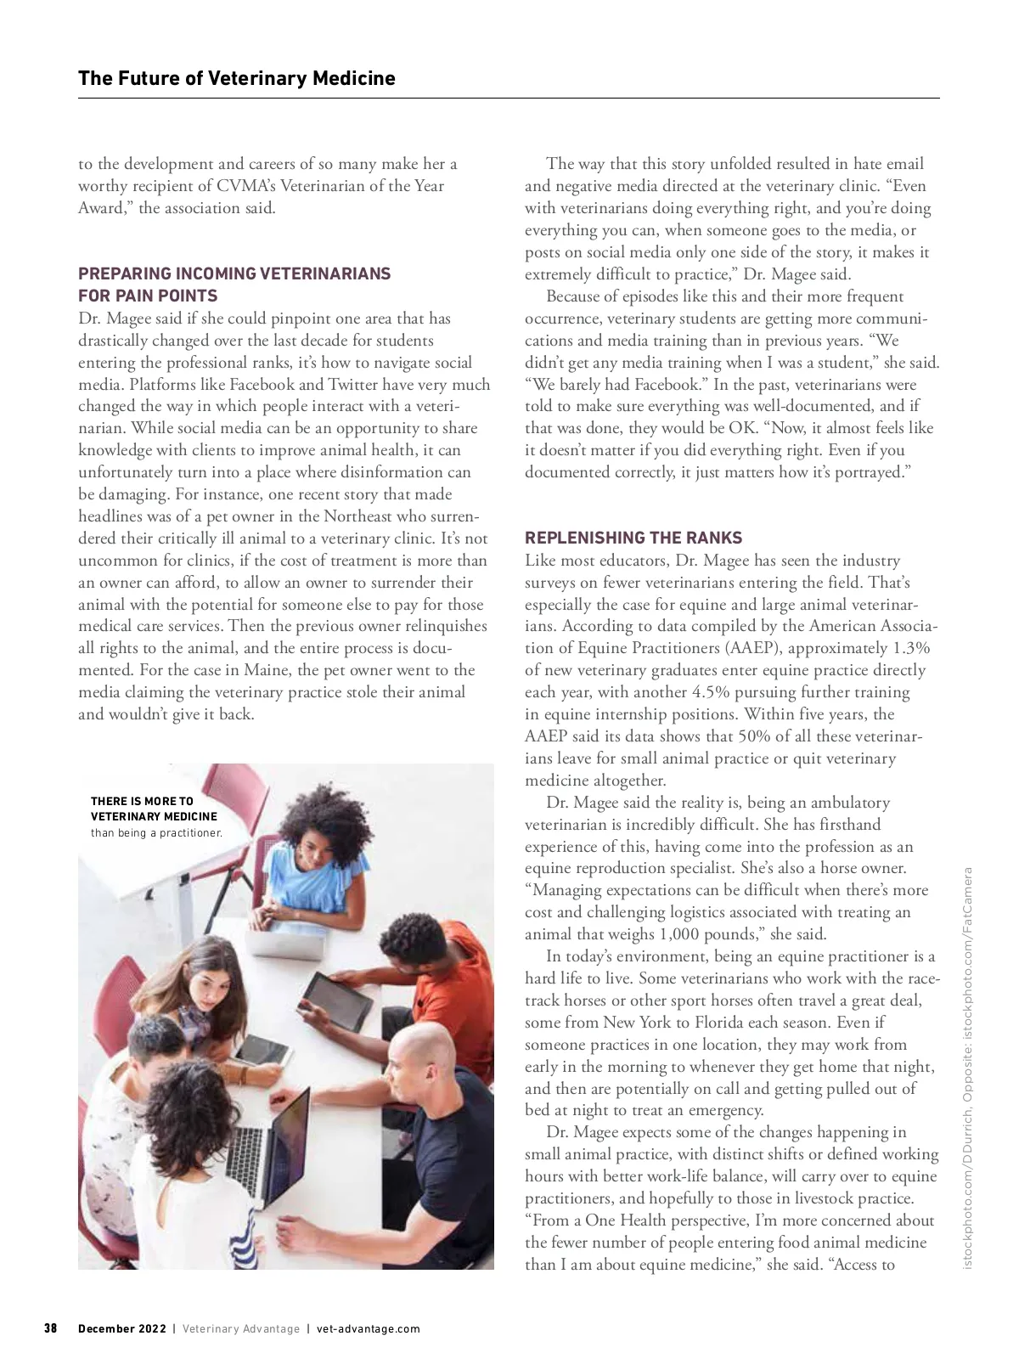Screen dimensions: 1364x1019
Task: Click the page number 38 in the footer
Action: (x=50, y=1328)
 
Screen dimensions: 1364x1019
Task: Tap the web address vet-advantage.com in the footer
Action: (x=368, y=1328)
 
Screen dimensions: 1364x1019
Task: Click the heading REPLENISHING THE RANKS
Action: (x=633, y=538)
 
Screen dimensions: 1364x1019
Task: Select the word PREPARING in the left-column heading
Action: (x=124, y=273)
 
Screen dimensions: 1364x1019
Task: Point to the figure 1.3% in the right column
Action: (x=910, y=648)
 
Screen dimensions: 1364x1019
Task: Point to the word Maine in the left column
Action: (x=266, y=670)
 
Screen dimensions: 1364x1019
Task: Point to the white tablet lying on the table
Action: (x=262, y=1052)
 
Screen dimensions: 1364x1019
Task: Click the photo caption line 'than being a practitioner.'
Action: (x=156, y=833)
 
